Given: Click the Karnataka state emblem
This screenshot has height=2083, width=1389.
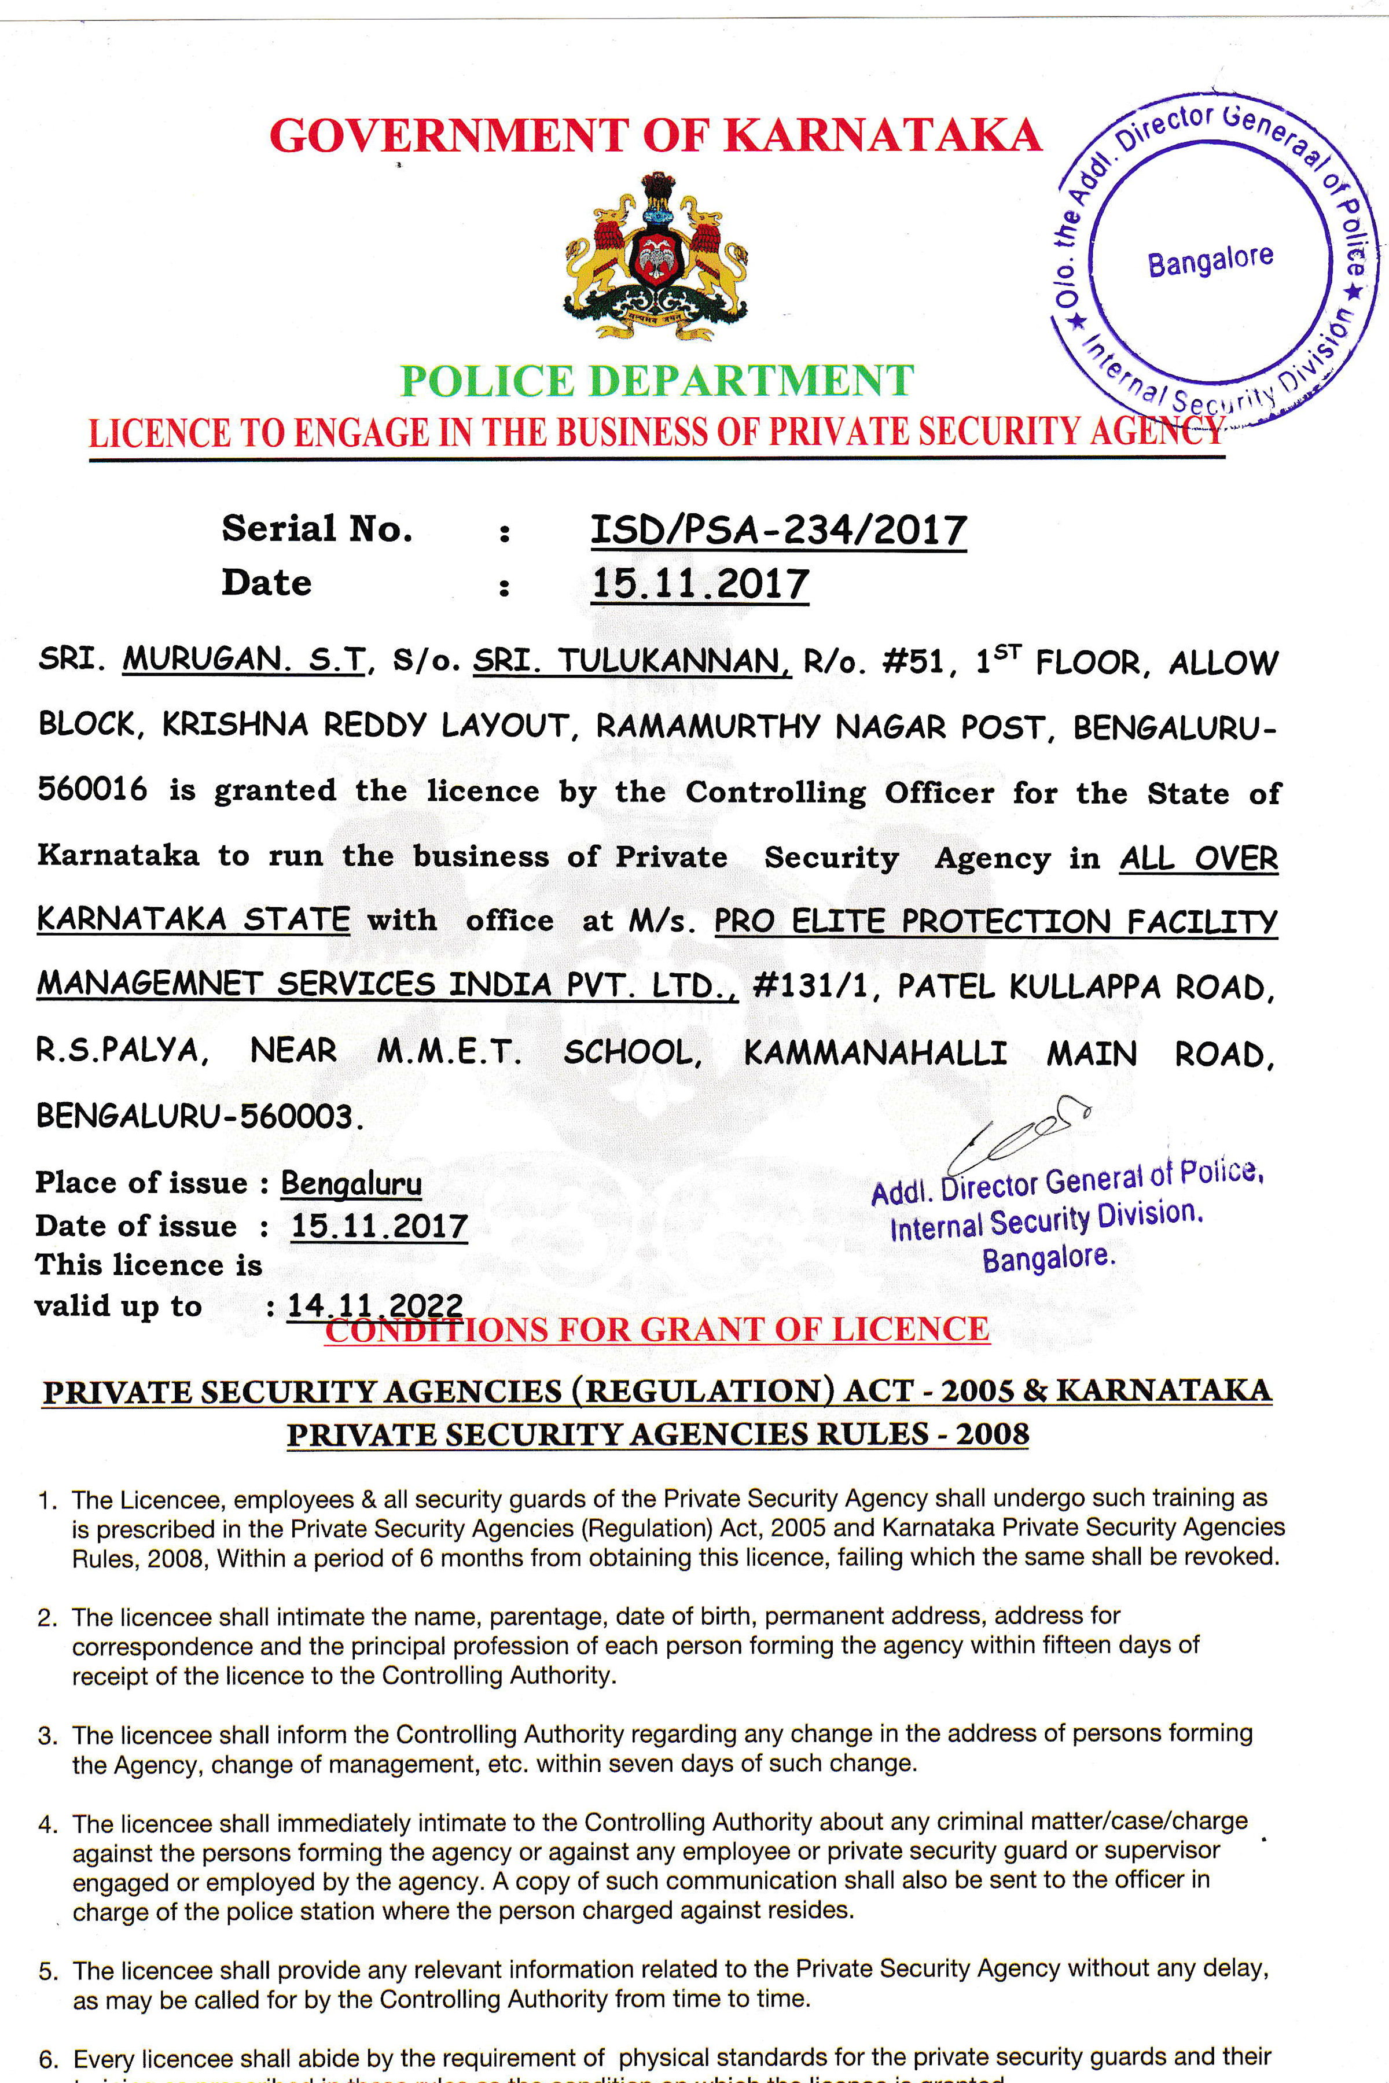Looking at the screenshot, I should pos(656,257).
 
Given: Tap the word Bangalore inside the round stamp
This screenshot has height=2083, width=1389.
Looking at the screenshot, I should pos(1210,259).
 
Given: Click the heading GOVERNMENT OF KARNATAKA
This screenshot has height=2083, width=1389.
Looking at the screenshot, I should pos(656,135).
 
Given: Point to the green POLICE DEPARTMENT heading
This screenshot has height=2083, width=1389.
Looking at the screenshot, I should pos(656,381).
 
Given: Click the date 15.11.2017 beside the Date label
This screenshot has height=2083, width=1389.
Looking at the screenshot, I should pos(700,584).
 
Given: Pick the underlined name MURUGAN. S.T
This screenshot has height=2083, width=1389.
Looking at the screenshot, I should pos(244,659).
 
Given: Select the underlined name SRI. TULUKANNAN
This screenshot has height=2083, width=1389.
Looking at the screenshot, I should pos(631,661).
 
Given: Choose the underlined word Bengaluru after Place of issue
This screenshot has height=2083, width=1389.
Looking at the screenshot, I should pos(351,1183).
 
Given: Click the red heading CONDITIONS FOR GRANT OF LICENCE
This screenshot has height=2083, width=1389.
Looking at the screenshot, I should pos(656,1329).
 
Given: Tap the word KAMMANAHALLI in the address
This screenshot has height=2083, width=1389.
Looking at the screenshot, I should pos(875,1052).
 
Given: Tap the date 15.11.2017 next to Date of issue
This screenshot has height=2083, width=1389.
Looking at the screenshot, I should pos(379,1227).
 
